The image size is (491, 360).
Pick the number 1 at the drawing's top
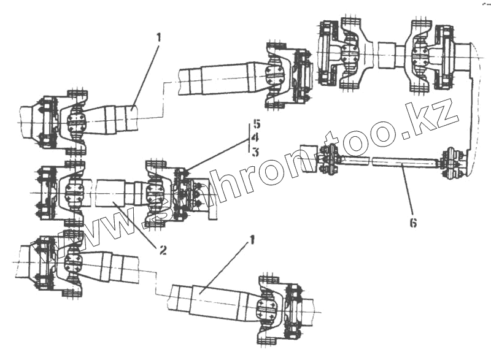click(158, 37)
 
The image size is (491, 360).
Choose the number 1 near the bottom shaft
click(250, 243)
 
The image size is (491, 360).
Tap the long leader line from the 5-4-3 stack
click(215, 155)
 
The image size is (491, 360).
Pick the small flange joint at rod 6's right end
click(453, 163)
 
